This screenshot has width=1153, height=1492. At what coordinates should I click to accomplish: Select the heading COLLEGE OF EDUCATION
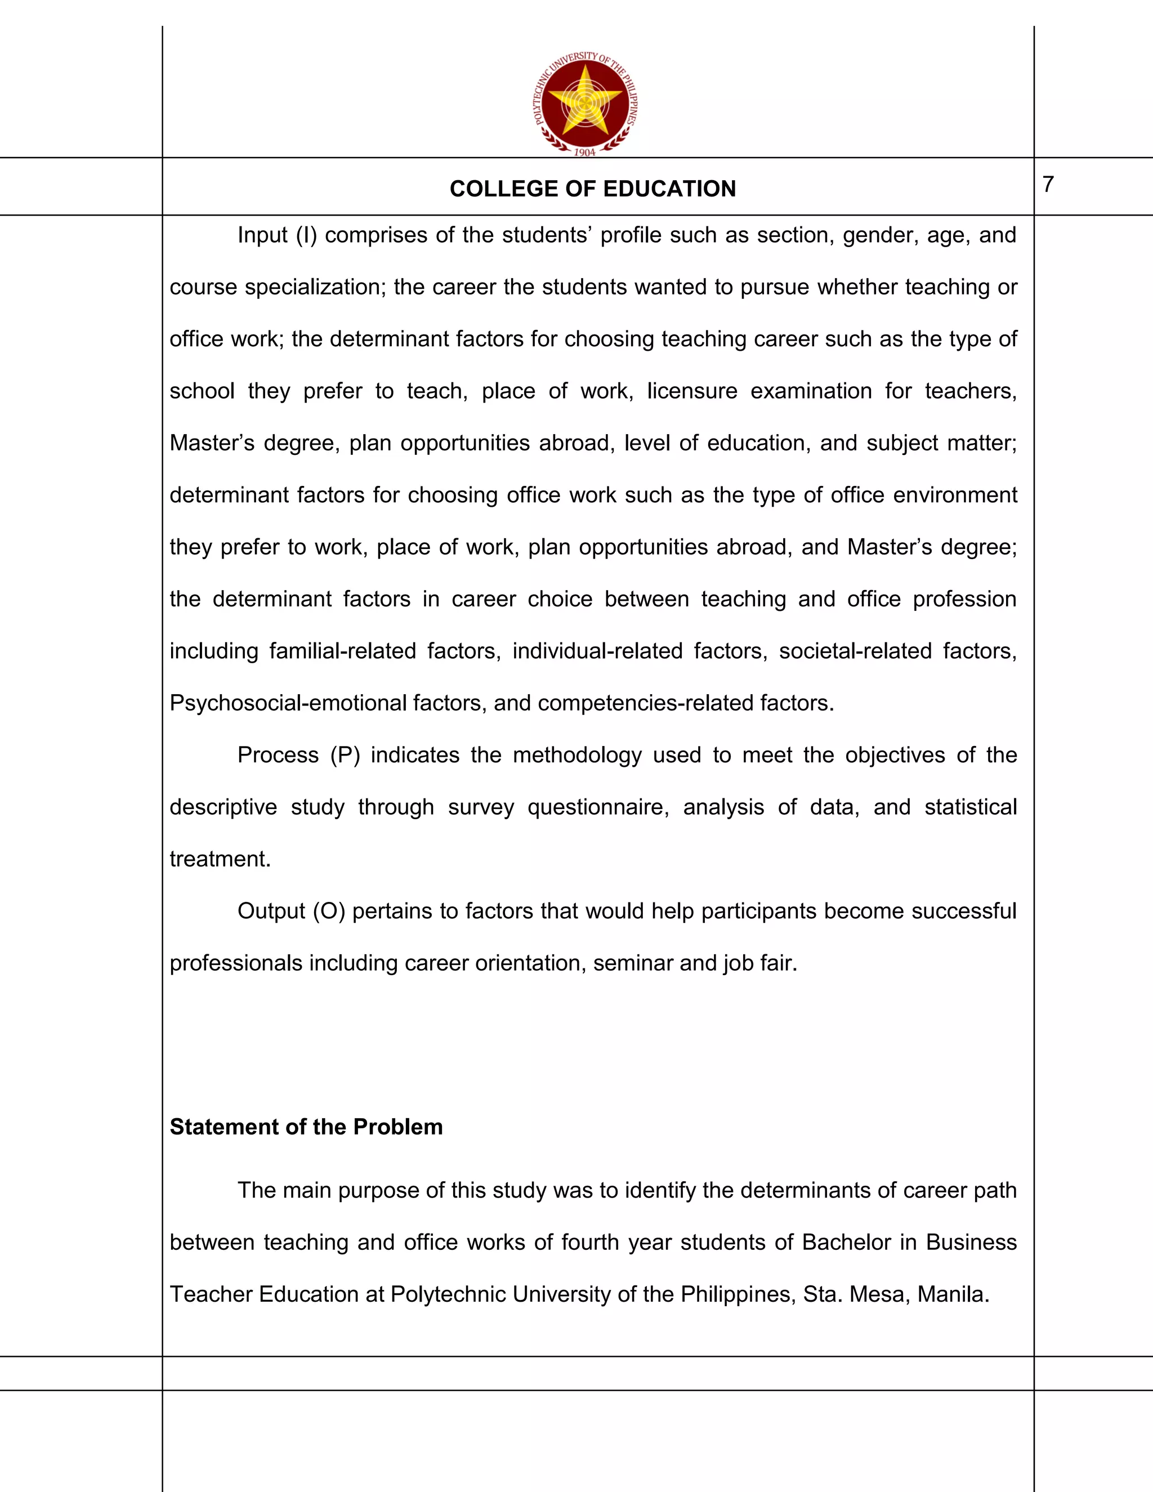[592, 189]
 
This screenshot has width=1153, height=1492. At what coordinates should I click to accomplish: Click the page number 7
[1048, 185]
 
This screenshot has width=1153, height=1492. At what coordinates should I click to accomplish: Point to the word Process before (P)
[278, 755]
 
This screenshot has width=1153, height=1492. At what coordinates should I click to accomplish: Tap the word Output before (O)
[271, 910]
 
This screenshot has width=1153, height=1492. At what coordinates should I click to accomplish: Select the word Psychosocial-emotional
[288, 703]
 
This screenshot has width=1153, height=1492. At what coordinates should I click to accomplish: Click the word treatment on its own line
[219, 859]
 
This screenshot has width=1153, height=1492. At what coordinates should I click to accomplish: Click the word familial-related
[342, 651]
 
